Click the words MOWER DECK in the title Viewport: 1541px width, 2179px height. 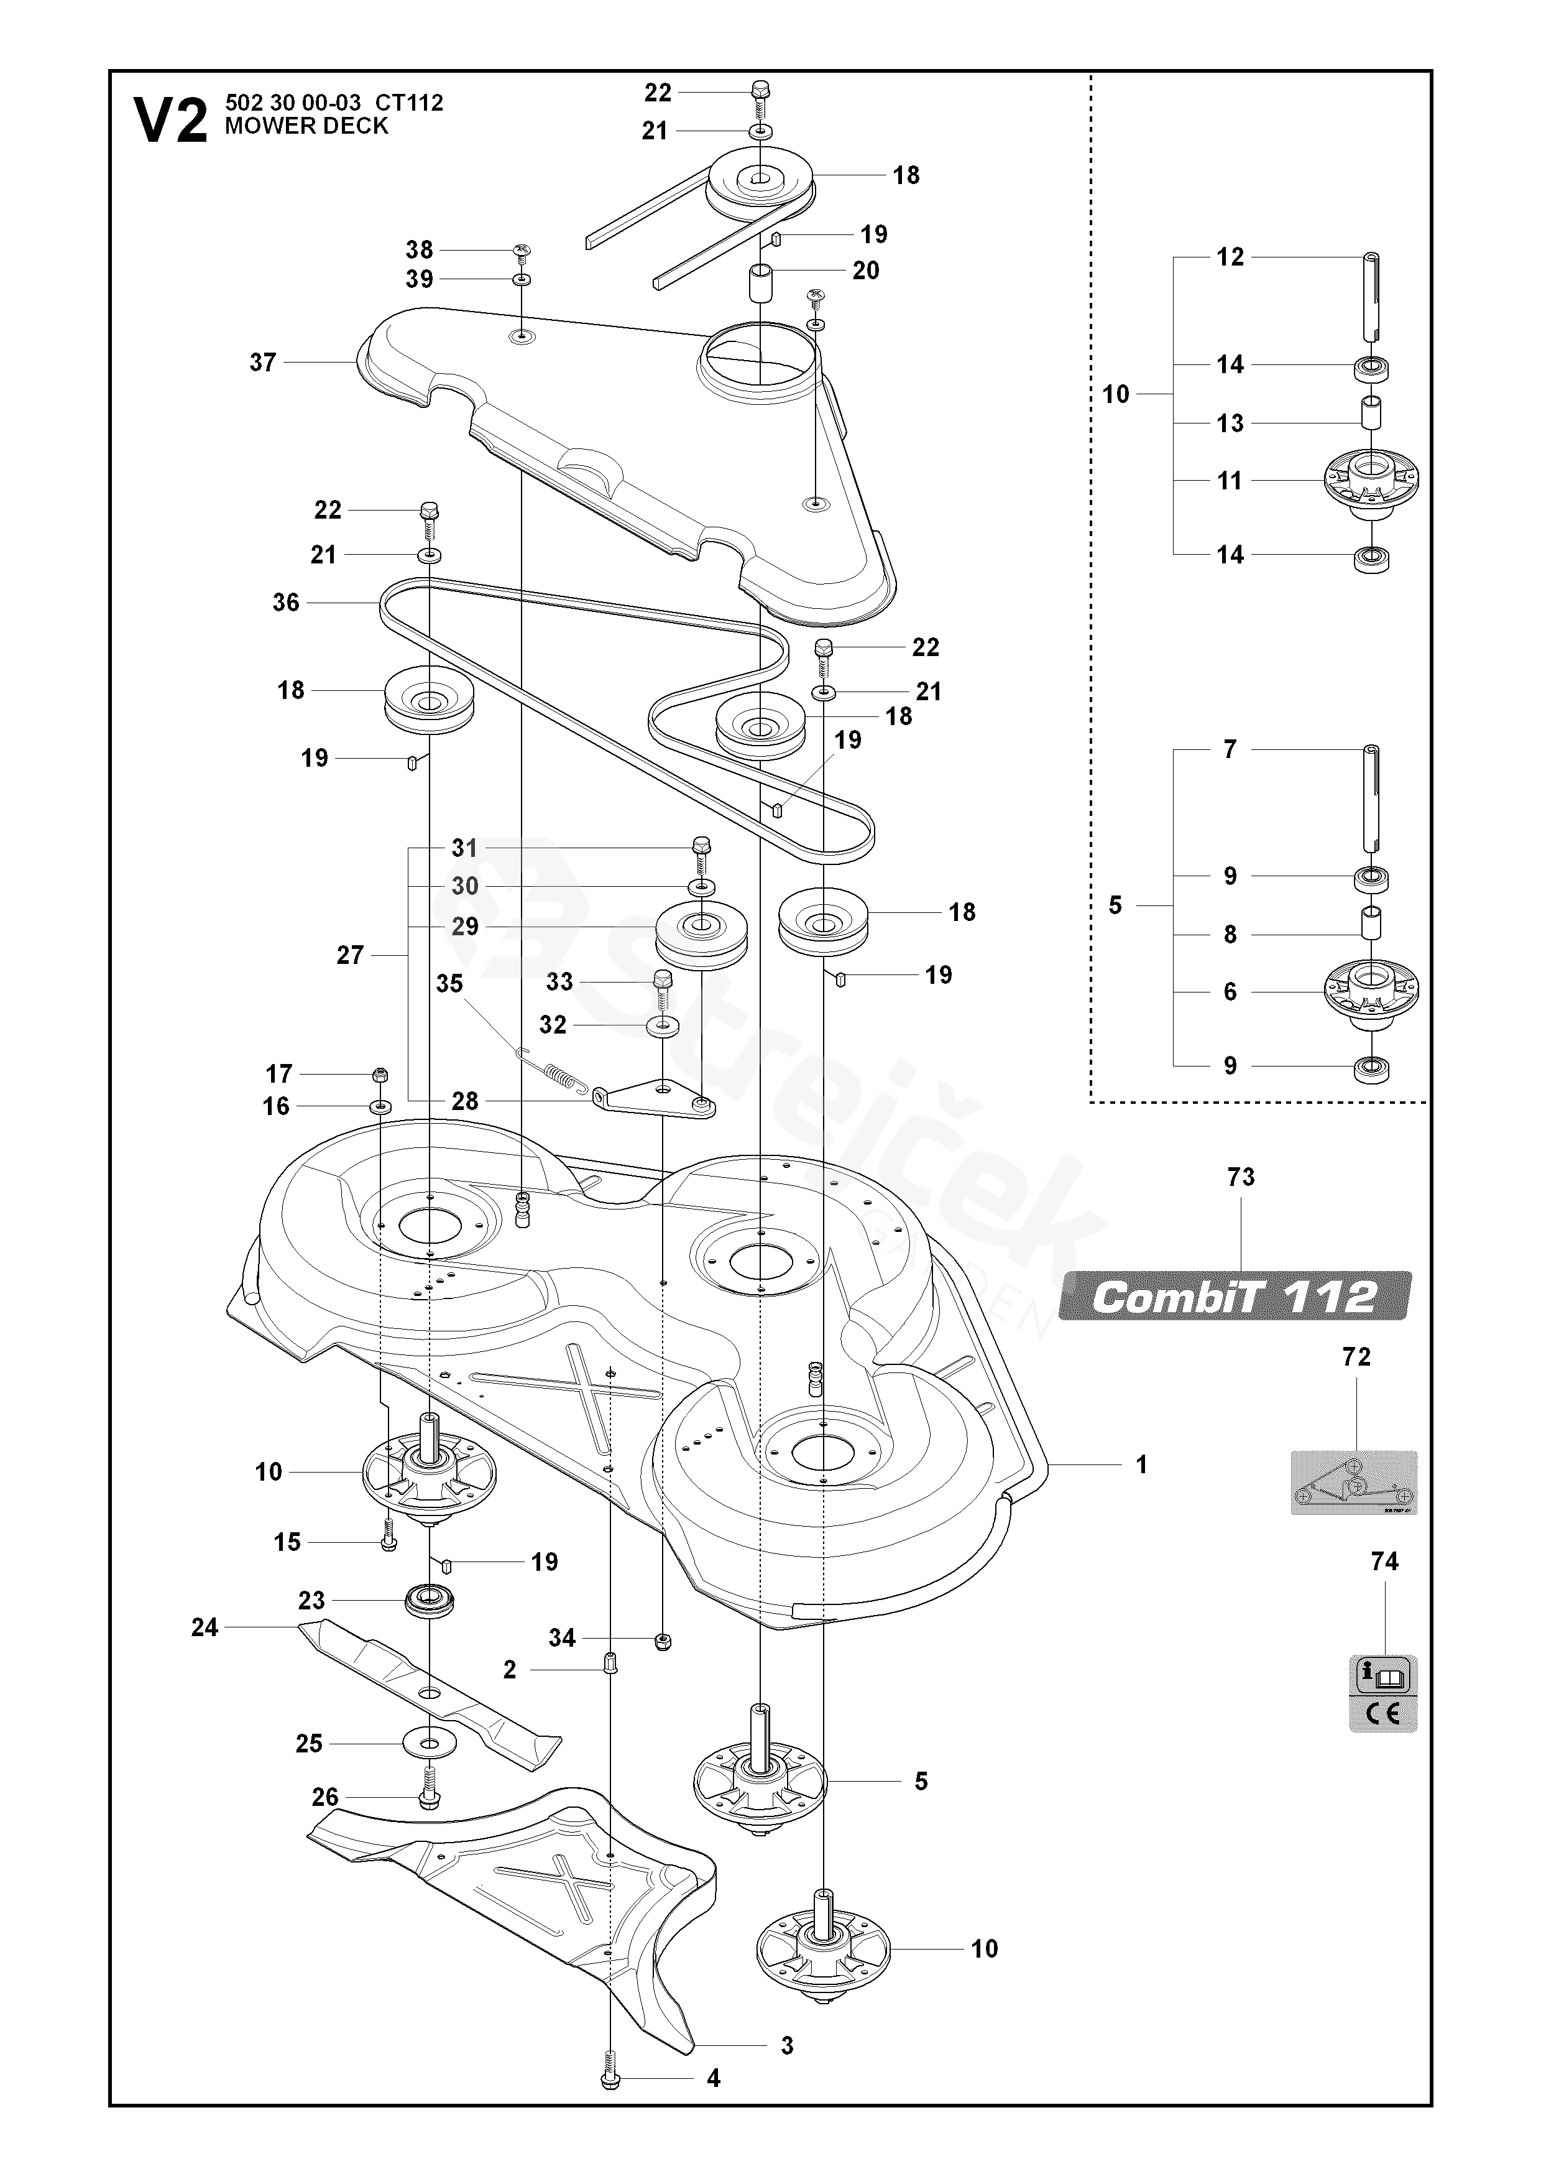tap(306, 126)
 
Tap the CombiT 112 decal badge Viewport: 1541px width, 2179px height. tap(1235, 1297)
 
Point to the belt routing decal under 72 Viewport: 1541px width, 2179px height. tap(1353, 1483)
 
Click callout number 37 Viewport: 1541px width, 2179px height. tap(263, 363)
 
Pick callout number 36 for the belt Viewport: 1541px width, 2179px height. tap(285, 603)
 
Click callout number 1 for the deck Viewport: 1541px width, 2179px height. tap(1141, 1464)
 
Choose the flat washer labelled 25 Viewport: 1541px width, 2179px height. tap(430, 1744)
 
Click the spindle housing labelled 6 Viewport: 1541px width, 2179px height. tap(1371, 992)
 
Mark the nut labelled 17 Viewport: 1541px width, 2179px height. tap(380, 1075)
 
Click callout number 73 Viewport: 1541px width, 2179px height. tap(1240, 1177)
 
